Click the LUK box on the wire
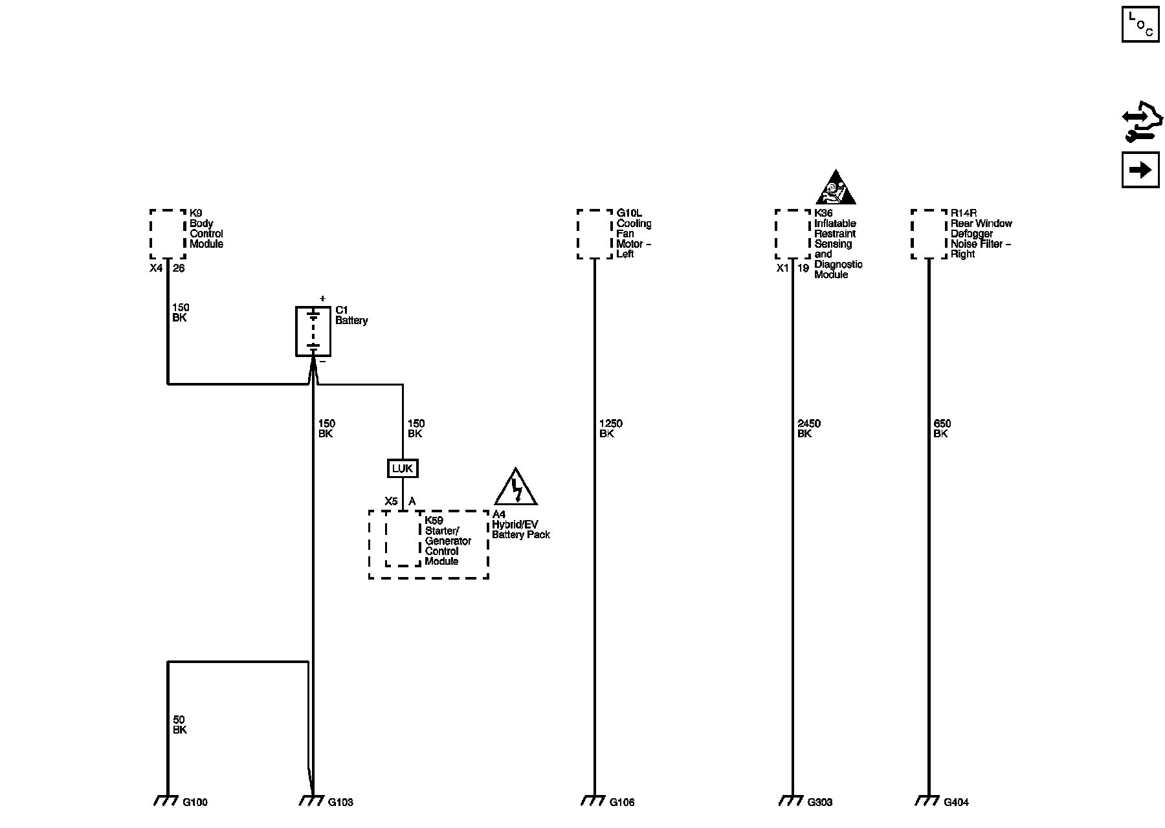403,468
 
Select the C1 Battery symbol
313,331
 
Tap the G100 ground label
195,803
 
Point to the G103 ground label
340,803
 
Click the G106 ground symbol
594,801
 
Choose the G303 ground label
819,803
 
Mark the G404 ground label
956,803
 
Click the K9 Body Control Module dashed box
168,234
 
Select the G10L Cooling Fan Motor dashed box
595,234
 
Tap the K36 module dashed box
793,234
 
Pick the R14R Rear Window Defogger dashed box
929,234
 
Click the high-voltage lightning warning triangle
516,488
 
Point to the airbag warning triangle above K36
836,189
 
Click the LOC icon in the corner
1140,24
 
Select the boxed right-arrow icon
1140,170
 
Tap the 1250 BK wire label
610,429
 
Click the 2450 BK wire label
808,429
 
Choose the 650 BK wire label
942,429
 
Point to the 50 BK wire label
179,724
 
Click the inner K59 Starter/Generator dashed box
403,538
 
